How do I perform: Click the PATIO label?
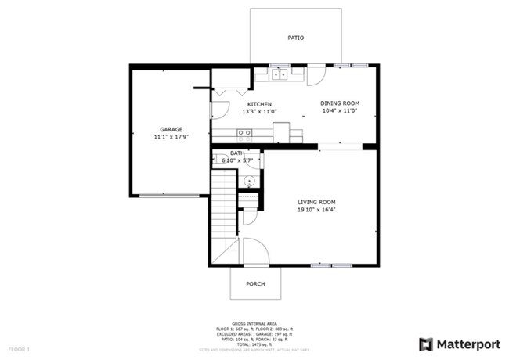click(x=295, y=38)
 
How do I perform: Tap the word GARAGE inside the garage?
click(x=171, y=129)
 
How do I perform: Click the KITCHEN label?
click(x=260, y=104)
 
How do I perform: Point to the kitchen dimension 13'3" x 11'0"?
click(x=260, y=112)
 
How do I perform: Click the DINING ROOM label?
click(x=340, y=103)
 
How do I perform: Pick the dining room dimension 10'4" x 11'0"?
click(x=340, y=111)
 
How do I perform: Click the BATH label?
click(x=236, y=153)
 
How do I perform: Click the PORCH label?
click(x=255, y=284)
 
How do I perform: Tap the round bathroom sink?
click(x=248, y=181)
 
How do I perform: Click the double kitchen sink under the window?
click(x=280, y=76)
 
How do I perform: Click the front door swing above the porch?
click(x=255, y=252)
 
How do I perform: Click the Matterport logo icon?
click(x=426, y=344)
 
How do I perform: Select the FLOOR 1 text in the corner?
click(x=19, y=347)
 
